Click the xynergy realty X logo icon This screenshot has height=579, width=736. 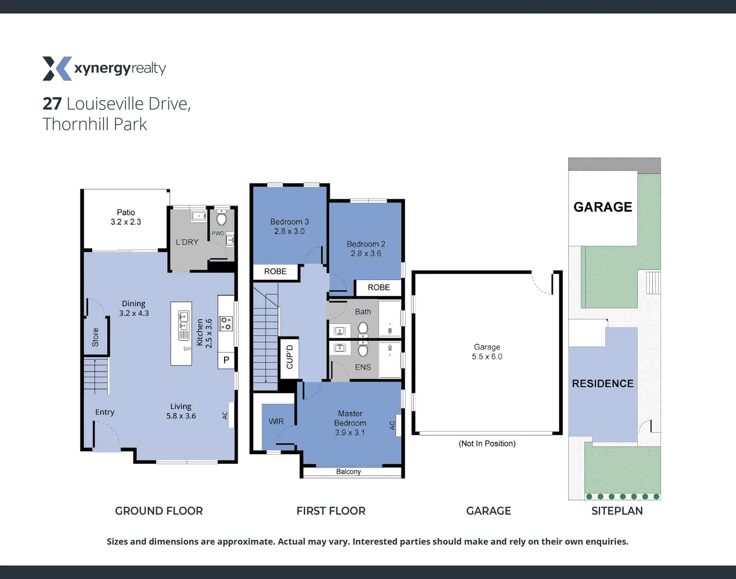coord(57,69)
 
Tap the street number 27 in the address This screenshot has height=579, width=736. coord(52,103)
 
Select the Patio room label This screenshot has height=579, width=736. coord(126,212)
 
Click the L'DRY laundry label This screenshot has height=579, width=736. coord(187,242)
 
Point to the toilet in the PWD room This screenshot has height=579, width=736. coord(222,218)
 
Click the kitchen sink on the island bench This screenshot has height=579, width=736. coord(183,321)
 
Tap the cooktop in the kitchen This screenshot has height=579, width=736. coord(226,323)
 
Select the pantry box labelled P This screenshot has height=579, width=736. coord(226,360)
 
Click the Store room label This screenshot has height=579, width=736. coord(95,337)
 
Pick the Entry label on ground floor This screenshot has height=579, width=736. coord(105,412)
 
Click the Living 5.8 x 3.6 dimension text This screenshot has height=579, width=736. coord(181,416)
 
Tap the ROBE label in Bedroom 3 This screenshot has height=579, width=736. coord(275,272)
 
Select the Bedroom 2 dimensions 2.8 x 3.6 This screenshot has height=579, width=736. coord(366,254)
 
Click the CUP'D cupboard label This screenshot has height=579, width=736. coord(290,357)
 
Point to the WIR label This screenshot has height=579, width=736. coord(276,421)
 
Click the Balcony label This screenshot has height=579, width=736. coord(348,472)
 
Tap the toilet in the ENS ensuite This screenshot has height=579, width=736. coord(363,350)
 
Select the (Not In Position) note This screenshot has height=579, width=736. coord(487,443)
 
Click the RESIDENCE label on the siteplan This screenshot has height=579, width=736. coord(602,384)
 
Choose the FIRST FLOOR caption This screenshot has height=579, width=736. coord(330,511)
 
